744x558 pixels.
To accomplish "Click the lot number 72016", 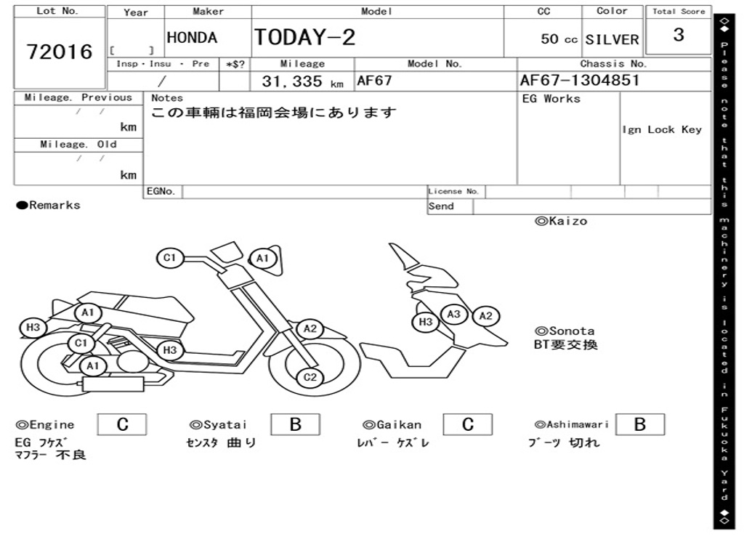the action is tap(60, 52).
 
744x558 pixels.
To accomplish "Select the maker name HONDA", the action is tap(192, 38).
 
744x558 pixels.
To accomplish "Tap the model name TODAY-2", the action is tap(304, 38).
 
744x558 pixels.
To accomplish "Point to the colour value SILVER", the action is tap(612, 39).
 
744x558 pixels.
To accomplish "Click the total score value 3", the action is tap(679, 35).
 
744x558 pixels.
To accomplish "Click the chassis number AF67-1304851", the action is tap(580, 81).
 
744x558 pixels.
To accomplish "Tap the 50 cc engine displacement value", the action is tap(559, 39).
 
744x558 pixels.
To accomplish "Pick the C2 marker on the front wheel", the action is tap(310, 377).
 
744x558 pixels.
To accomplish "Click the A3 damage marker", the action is tap(454, 314).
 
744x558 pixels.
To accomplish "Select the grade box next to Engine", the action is tap(122, 424).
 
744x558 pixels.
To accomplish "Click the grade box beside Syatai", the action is tap(295, 424).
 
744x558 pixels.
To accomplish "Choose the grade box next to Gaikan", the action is tap(467, 424).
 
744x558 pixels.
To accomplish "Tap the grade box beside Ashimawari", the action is tap(639, 424).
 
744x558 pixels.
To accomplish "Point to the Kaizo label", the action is tap(561, 221).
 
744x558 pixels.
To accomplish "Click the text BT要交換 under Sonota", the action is tap(565, 345).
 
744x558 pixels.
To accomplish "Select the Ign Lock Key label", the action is tap(662, 129).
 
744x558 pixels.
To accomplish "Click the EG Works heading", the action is tap(551, 99).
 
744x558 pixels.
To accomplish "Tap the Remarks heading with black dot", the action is tap(48, 206).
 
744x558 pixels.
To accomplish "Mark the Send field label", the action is tap(441, 206).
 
